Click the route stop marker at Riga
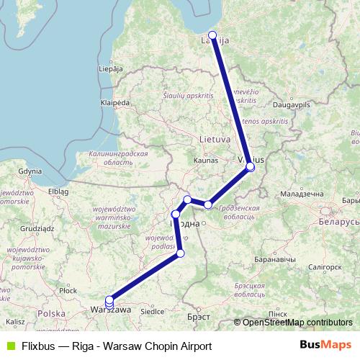(x=212, y=35)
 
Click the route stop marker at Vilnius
(x=251, y=167)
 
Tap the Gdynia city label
(x=31, y=171)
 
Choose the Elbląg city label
(x=58, y=192)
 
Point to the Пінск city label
(x=277, y=315)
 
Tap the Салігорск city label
(x=319, y=266)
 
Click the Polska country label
(x=52, y=314)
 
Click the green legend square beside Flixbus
(x=9, y=345)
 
